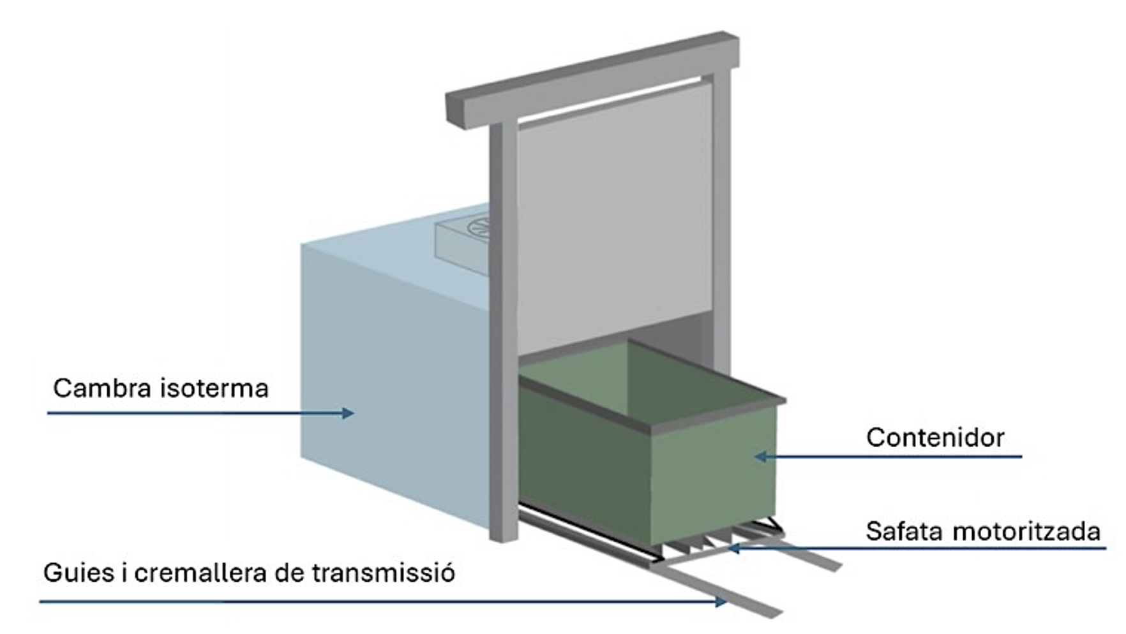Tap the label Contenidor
pos(935,438)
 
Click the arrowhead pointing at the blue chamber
pos(348,413)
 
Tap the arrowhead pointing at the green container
pos(760,457)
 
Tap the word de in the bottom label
pos(292,573)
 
